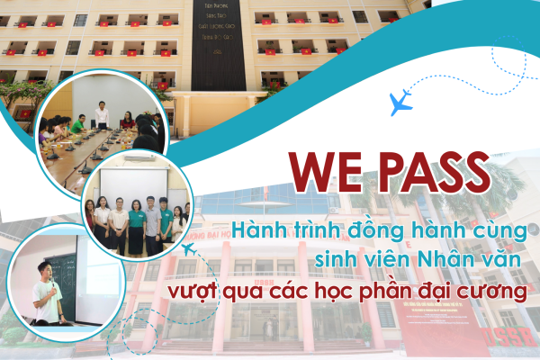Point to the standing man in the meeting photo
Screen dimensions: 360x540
tap(103, 117)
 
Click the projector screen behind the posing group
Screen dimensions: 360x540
tap(135, 184)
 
